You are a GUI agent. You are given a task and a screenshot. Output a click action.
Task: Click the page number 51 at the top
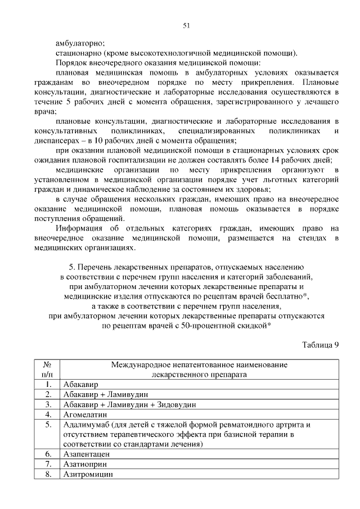pyautogui.click(x=186, y=25)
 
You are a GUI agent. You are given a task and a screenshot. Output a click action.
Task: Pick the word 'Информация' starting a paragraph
pyautogui.click(x=78, y=228)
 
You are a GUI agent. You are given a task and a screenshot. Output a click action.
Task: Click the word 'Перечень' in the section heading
pyautogui.click(x=94, y=268)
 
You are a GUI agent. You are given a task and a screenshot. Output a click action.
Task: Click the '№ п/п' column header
pyautogui.click(x=47, y=369)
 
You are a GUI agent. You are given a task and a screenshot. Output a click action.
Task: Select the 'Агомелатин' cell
pyautogui.click(x=84, y=415)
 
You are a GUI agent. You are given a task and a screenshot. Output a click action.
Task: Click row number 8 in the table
pyautogui.click(x=48, y=474)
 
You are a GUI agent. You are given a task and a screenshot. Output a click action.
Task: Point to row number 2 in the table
pyautogui.click(x=48, y=394)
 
